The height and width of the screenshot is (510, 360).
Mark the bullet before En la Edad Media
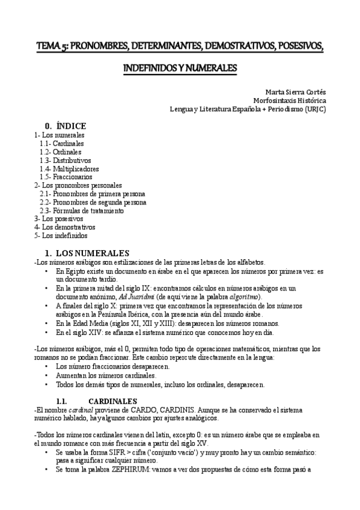(x=47, y=323)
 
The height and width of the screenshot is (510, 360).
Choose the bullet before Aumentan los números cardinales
(x=47, y=375)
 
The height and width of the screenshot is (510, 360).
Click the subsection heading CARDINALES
(x=113, y=401)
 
